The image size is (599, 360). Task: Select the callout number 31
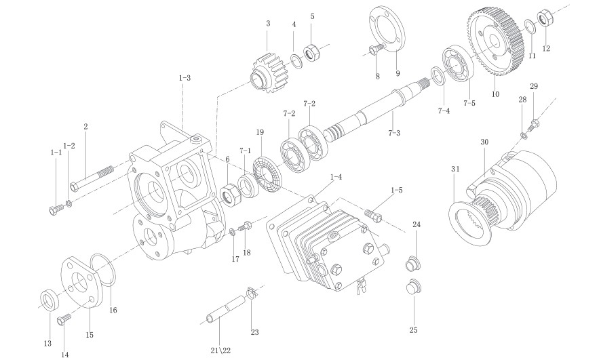pos(455,168)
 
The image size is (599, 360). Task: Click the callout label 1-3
pos(184,79)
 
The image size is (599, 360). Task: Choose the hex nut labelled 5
pos(312,52)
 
